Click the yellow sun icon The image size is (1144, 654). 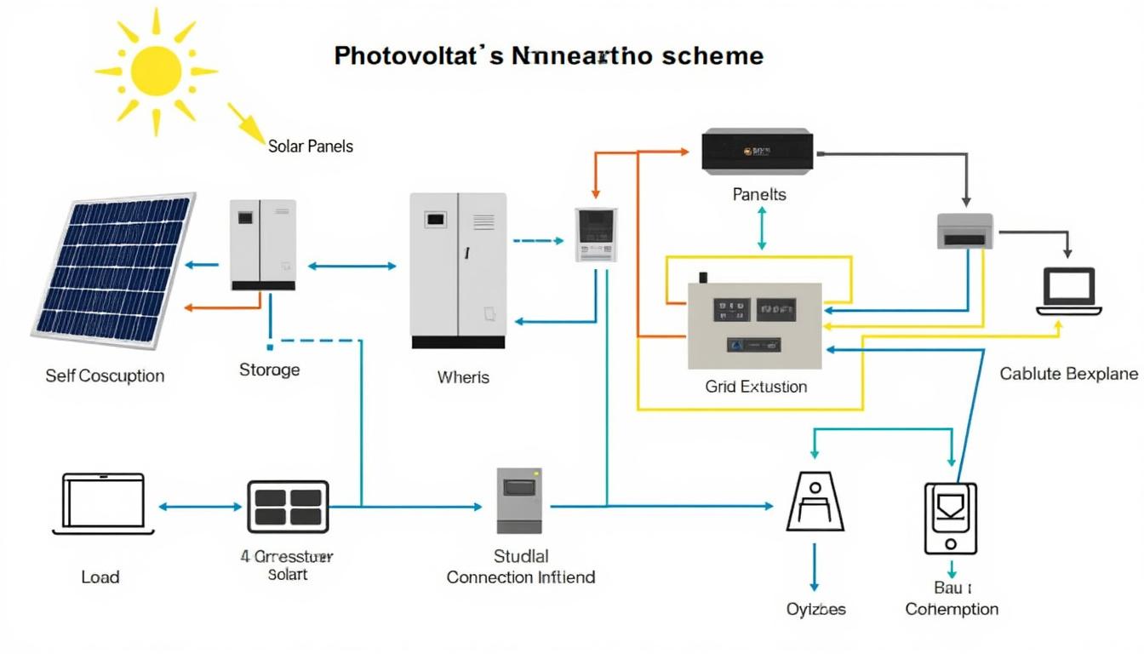(x=156, y=71)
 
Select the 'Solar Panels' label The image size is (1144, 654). (x=310, y=146)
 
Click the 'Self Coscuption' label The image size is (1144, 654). (x=105, y=376)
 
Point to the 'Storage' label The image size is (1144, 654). (x=269, y=370)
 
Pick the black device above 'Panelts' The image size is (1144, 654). (x=757, y=151)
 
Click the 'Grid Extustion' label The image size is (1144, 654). (x=756, y=387)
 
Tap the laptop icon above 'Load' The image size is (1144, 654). (x=104, y=504)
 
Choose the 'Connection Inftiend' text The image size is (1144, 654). (x=520, y=577)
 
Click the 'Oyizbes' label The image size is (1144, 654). (x=815, y=610)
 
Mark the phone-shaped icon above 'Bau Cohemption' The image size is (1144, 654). (x=950, y=518)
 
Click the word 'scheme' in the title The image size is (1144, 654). (x=712, y=56)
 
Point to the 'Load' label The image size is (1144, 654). (x=100, y=577)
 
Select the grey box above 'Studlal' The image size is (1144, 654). (x=519, y=501)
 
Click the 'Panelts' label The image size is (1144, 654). (x=759, y=195)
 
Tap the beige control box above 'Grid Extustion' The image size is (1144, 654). (x=754, y=326)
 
